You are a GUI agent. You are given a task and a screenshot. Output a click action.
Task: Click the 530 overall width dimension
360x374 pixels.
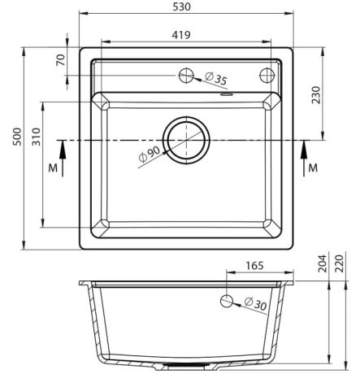[x=181, y=7]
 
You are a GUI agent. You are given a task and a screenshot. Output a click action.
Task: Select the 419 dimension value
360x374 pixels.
[x=181, y=35]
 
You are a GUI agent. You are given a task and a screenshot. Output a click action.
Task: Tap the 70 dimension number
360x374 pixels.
[x=61, y=60]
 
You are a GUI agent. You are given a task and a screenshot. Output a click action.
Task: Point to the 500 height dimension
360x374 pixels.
[x=17, y=137]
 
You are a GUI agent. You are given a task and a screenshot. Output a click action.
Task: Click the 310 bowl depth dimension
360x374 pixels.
[x=37, y=137]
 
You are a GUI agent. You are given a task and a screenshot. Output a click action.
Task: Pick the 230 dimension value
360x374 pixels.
[x=316, y=95]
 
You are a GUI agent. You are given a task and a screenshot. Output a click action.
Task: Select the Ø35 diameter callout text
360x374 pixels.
[x=216, y=79]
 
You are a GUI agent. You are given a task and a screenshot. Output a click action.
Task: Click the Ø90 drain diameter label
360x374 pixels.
[x=150, y=154]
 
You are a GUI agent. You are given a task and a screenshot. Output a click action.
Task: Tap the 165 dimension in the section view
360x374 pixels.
[x=254, y=266]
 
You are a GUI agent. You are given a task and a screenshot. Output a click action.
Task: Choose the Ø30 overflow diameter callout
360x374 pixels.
[x=255, y=304]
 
